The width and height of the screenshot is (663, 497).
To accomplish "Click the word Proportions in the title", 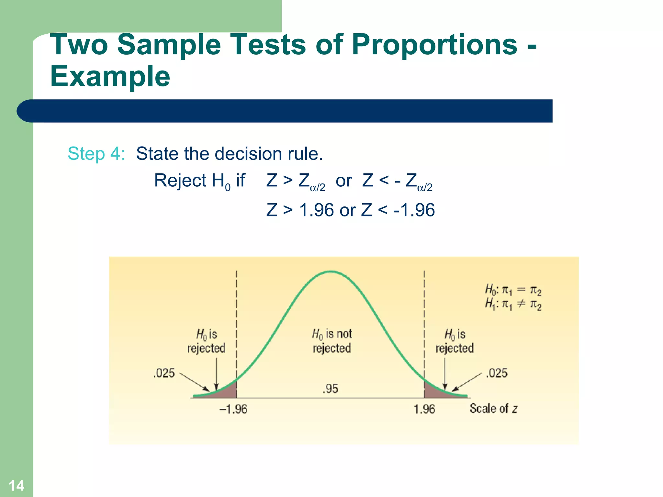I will [434, 45].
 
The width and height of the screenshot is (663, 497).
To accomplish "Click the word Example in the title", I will [110, 77].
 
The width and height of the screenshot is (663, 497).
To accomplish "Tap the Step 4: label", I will [96, 153].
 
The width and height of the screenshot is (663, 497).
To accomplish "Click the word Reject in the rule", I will [180, 181].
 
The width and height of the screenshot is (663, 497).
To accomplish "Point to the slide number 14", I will [16, 486].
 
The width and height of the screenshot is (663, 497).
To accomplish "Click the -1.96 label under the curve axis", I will [233, 409].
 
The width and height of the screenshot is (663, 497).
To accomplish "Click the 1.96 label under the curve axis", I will [424, 409].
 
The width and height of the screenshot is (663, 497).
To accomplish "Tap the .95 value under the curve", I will [330, 388].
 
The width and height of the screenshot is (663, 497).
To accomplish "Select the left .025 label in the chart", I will [164, 373].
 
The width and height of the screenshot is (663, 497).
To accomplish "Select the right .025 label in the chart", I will [497, 373].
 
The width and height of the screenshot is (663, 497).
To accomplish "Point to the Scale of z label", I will [493, 409].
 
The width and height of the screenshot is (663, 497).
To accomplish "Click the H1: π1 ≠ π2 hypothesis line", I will [513, 304].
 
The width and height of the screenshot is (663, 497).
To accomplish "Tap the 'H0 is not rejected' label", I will [332, 341].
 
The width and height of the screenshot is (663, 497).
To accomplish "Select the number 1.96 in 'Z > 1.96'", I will [316, 210].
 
